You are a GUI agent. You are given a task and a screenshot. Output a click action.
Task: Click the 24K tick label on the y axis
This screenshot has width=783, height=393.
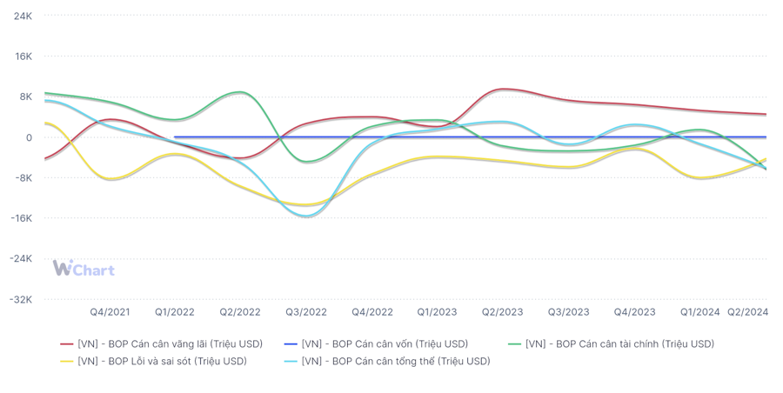[x=23, y=16]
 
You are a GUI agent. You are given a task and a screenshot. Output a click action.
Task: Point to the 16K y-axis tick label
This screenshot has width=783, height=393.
[x=23, y=57]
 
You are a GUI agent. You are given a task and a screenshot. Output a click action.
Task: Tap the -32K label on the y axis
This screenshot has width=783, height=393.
[x=21, y=300]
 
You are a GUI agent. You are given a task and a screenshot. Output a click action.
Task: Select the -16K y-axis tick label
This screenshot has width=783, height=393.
[x=21, y=218]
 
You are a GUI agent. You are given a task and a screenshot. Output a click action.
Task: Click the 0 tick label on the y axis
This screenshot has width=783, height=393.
[x=29, y=137]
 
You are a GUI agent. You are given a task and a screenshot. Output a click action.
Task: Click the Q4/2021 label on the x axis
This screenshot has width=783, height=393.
[x=110, y=312]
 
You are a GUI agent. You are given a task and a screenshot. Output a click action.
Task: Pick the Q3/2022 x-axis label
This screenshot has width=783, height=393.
[x=306, y=312]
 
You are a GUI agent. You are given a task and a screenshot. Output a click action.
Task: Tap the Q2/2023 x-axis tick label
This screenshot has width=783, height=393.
[x=502, y=312]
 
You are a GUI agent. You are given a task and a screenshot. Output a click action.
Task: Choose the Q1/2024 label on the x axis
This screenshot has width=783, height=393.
[x=700, y=312]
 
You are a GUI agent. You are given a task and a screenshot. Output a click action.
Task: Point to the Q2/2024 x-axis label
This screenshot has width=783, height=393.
[x=747, y=312]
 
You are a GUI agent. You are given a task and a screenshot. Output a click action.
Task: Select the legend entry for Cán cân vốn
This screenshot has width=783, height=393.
[x=376, y=344]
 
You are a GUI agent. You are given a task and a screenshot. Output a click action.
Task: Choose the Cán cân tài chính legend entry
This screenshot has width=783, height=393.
[x=612, y=344]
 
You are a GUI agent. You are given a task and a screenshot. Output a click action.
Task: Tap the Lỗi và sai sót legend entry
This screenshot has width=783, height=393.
[x=153, y=361]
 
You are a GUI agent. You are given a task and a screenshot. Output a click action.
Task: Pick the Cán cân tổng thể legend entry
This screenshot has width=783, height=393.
[x=387, y=361]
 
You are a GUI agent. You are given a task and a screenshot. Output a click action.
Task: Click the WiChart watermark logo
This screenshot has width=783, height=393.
[x=84, y=268]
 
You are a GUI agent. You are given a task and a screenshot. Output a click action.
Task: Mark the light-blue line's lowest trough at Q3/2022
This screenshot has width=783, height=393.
[x=305, y=216]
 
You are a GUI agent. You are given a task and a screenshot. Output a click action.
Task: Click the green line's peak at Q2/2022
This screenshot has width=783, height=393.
[x=240, y=92]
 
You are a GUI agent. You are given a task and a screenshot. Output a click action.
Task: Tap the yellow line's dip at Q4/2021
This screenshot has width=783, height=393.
[x=110, y=179]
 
